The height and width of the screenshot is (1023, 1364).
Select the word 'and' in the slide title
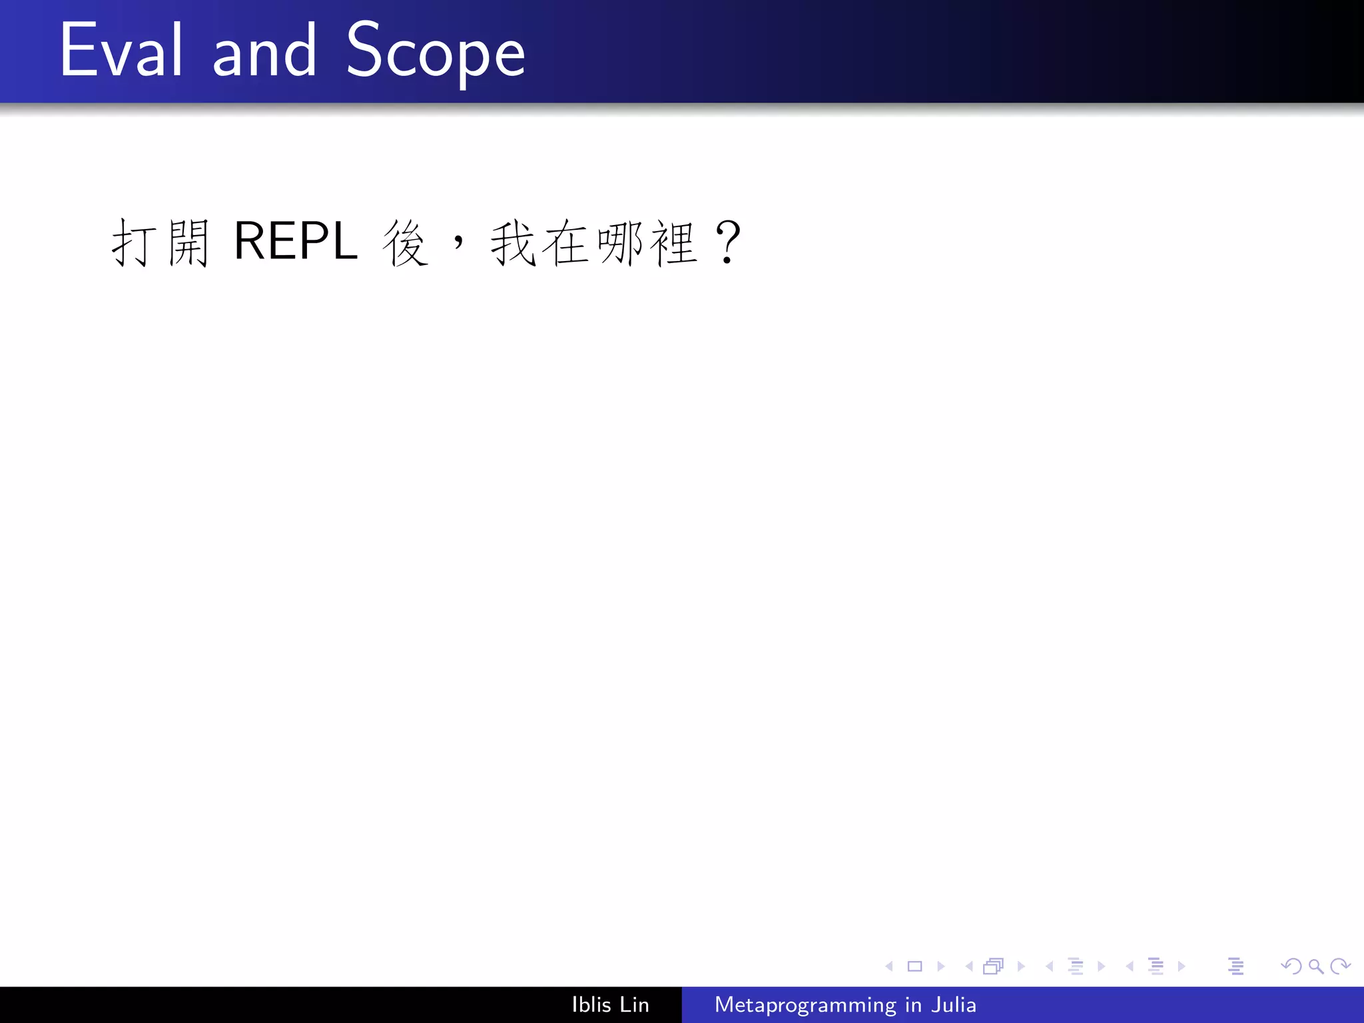[x=264, y=52]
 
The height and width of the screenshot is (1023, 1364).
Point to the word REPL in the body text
[x=296, y=241]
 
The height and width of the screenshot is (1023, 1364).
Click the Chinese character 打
[x=133, y=242]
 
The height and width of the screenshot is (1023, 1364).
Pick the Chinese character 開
[x=188, y=242]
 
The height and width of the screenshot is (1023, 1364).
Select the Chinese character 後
[x=405, y=242]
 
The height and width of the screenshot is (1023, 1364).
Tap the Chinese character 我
[x=513, y=242]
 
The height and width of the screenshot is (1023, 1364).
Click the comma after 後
[x=458, y=241]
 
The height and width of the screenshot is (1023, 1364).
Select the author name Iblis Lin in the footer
[x=610, y=1004]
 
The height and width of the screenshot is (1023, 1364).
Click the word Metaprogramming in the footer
[x=805, y=1004]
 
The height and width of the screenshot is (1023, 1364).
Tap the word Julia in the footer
[x=954, y=1004]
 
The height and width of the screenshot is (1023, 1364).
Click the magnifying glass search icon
[x=1315, y=966]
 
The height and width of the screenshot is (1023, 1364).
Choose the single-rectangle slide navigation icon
[x=914, y=966]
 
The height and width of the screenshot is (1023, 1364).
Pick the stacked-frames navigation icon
[x=993, y=966]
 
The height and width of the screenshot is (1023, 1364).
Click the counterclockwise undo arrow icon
[x=1291, y=966]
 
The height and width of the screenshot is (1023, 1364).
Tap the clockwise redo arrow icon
[x=1340, y=966]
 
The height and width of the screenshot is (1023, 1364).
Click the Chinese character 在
[x=567, y=242]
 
